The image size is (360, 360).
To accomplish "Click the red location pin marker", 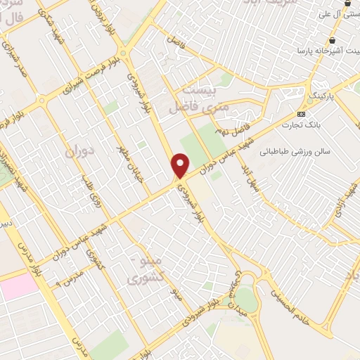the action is click(x=181, y=165).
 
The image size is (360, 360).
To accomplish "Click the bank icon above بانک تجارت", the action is click(x=302, y=114).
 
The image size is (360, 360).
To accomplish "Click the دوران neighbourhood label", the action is click(x=79, y=151).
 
